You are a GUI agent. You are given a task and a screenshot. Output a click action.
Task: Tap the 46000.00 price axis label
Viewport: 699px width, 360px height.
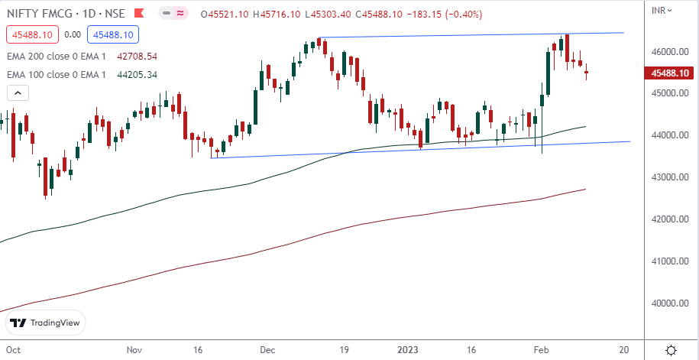click(x=665, y=52)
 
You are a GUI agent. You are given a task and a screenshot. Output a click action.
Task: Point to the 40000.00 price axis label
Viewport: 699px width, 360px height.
click(x=665, y=303)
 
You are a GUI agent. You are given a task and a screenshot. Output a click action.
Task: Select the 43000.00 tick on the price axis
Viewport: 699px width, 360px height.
click(x=665, y=177)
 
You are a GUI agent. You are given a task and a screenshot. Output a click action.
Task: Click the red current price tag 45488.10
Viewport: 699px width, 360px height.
click(x=669, y=73)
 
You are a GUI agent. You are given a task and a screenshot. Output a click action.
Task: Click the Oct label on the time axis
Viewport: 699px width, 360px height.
click(x=12, y=349)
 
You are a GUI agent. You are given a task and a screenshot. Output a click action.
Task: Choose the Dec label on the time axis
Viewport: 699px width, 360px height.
click(x=267, y=349)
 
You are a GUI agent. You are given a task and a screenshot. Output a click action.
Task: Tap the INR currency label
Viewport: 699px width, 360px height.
click(x=659, y=10)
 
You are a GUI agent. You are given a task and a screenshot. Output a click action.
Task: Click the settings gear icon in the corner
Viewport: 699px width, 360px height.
click(x=671, y=349)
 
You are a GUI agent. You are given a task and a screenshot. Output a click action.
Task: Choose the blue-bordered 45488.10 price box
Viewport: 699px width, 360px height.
click(x=112, y=34)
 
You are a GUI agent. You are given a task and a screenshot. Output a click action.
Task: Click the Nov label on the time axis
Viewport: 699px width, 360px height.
click(x=136, y=349)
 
